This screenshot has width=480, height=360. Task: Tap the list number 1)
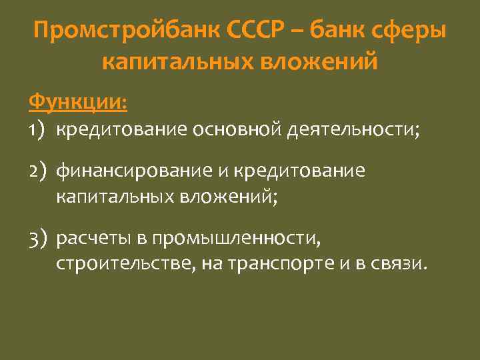coord(37,131)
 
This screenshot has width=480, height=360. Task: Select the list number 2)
coord(38,172)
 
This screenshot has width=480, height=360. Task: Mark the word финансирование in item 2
coord(131,171)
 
